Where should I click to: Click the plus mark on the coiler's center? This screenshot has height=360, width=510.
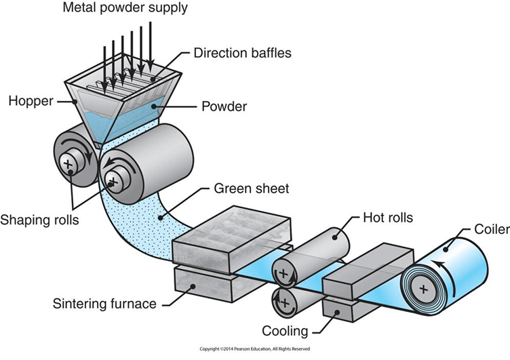[423, 288]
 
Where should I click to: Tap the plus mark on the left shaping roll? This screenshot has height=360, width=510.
[68, 163]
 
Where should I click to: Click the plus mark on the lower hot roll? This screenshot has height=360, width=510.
[285, 302]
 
